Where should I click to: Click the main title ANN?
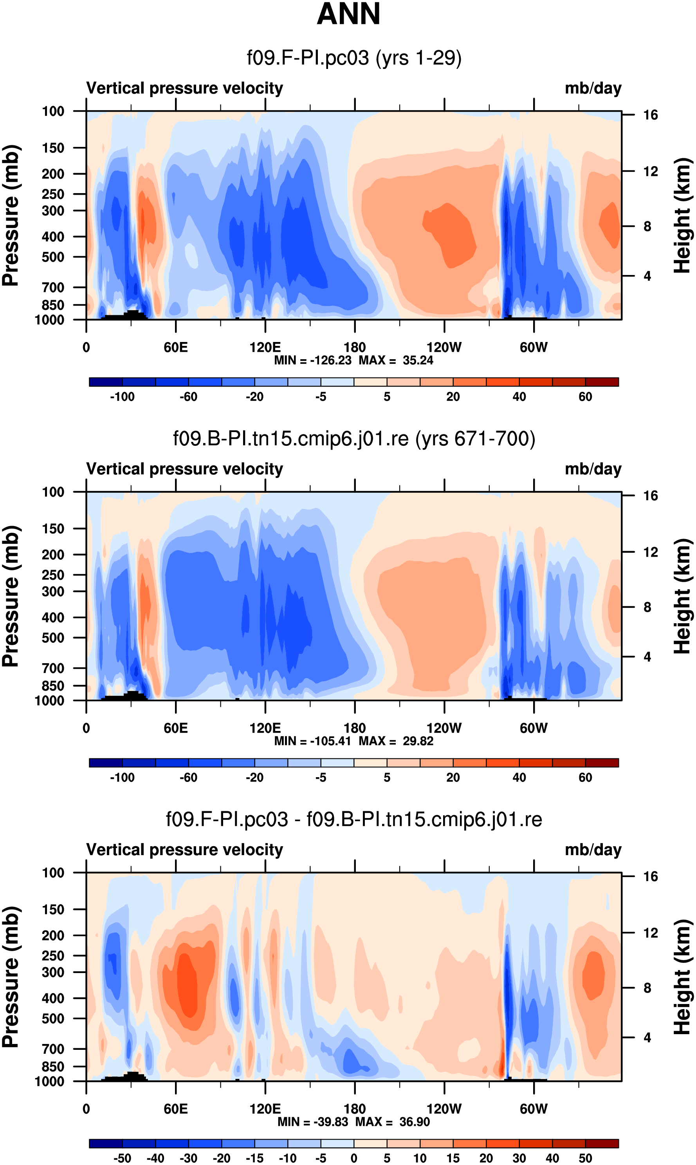348,14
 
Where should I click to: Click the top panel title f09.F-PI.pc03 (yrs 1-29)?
354,58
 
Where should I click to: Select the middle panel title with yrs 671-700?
354,439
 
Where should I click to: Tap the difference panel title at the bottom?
354,819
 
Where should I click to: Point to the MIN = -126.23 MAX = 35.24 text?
353,360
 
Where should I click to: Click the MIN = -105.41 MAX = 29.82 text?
353,741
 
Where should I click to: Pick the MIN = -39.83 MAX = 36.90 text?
353,1122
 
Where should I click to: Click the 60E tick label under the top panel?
176,348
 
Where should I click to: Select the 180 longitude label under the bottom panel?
355,1109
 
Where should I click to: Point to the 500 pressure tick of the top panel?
53,257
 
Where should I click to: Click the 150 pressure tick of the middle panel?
53,529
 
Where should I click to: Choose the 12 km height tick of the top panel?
651,172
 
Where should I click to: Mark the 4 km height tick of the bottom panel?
647,1037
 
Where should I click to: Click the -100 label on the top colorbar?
123,397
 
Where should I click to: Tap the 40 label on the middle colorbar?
519,778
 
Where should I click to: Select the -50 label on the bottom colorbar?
123,1158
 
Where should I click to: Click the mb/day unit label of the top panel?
593,88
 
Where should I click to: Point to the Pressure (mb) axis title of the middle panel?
10,596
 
